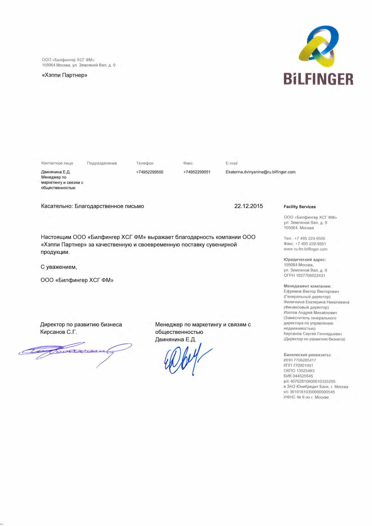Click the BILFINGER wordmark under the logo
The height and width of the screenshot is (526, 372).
318,79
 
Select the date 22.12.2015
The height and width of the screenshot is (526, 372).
248,206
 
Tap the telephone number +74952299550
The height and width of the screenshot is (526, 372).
149,172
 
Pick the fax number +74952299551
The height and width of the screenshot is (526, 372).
197,172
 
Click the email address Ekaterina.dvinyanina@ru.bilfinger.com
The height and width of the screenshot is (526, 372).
260,172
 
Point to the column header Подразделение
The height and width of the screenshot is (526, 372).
102,163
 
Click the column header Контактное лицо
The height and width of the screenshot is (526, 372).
57,163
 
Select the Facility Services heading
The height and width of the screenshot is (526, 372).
300,207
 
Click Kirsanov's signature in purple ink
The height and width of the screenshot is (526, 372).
75,351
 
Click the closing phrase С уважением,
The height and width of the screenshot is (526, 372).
59,267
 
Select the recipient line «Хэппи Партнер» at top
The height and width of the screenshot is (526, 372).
64,75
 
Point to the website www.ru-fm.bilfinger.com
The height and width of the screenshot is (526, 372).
305,249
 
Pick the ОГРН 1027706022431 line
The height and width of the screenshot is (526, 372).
304,276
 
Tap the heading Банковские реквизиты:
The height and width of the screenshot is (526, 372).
307,355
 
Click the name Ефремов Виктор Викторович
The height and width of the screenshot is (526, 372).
311,291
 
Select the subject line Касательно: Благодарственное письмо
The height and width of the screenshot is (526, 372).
92,206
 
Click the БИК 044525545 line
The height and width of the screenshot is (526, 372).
298,376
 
